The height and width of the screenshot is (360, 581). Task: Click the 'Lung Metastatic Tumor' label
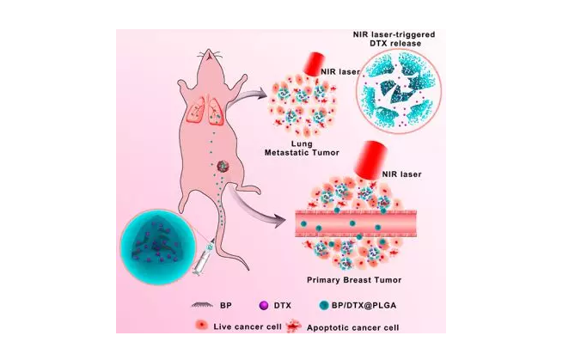[302, 148]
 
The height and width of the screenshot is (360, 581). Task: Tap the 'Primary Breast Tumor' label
[354, 279]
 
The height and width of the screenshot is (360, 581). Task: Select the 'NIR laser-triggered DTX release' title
[394, 39]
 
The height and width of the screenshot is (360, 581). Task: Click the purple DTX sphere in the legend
[264, 306]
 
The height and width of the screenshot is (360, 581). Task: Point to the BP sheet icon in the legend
[202, 305]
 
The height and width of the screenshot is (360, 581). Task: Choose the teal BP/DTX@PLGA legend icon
[323, 305]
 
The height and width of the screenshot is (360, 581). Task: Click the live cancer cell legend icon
[201, 326]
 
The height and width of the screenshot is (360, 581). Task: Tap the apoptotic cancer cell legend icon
[295, 326]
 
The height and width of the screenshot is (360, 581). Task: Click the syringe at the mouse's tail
[204, 258]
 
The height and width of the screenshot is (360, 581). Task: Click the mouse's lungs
[205, 109]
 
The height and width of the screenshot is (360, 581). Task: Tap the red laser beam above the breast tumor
[370, 160]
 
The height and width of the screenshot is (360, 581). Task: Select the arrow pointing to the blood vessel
[255, 207]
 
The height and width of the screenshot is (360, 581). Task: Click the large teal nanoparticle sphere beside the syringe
[157, 247]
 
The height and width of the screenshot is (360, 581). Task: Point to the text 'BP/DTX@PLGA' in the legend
[364, 306]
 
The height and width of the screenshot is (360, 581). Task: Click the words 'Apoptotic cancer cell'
[352, 327]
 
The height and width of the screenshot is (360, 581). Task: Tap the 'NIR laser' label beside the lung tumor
[339, 72]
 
